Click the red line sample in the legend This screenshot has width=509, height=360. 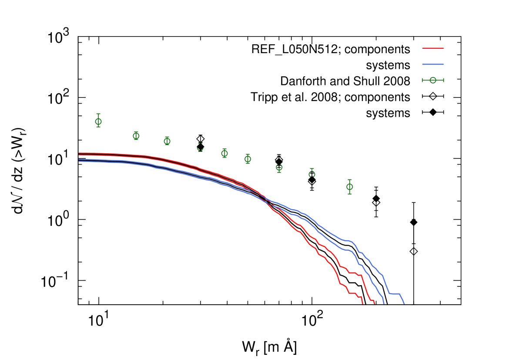coord(432,48)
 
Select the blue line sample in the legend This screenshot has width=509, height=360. coord(432,64)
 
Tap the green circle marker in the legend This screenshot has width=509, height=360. coord(433,80)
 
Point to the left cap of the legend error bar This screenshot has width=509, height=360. coord(422,80)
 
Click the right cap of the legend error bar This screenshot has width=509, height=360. coord(443,80)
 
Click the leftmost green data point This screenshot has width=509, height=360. coord(98,121)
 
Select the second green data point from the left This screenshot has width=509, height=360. coord(136,136)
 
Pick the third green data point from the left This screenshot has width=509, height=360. coord(167,141)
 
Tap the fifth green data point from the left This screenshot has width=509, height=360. coord(224,153)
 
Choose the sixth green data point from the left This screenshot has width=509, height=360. coord(248,159)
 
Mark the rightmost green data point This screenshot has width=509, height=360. coord(350,187)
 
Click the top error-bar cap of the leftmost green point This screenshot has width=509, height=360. coord(98,114)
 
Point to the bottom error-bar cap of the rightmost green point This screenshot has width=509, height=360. coord(350,194)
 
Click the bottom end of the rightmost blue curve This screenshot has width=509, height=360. coord(404,303)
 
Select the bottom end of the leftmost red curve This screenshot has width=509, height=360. coord(362,303)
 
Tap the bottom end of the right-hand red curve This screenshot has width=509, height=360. coord(375,303)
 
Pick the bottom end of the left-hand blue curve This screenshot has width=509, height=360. coord(384,303)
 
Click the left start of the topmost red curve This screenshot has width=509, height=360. coord(79,153)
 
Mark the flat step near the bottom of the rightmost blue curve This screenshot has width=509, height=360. coord(394,294)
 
